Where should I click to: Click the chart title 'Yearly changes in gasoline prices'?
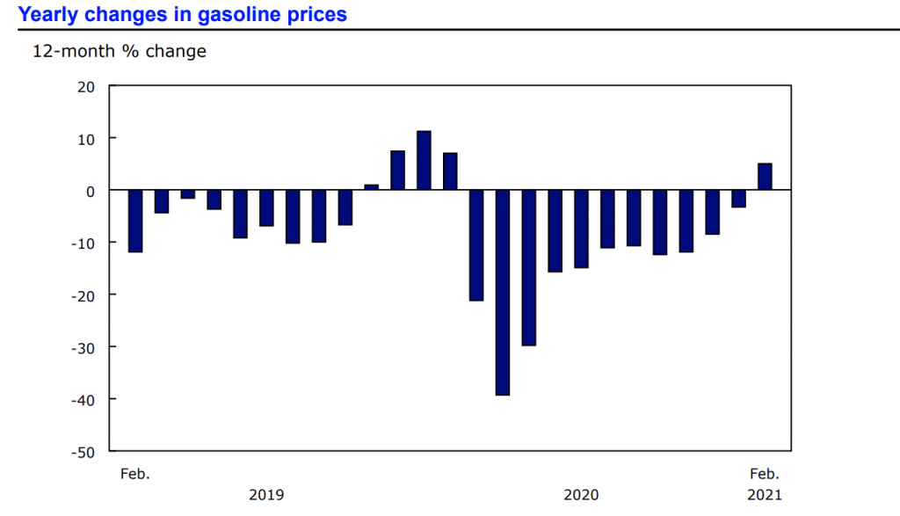(183, 15)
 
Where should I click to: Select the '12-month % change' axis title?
(120, 51)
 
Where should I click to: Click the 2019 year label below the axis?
(266, 495)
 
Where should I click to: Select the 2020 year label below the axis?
(581, 495)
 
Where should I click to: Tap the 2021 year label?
(765, 495)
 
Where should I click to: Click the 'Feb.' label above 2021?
(765, 474)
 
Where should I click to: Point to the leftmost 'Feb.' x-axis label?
(135, 474)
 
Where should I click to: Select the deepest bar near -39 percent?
(503, 293)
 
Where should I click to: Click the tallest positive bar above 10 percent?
(424, 160)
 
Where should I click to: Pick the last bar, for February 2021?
(765, 177)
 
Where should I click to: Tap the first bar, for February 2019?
(135, 221)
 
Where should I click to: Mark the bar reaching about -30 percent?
(529, 268)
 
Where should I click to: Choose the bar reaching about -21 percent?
(476, 245)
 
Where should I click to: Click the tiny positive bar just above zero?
(371, 187)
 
